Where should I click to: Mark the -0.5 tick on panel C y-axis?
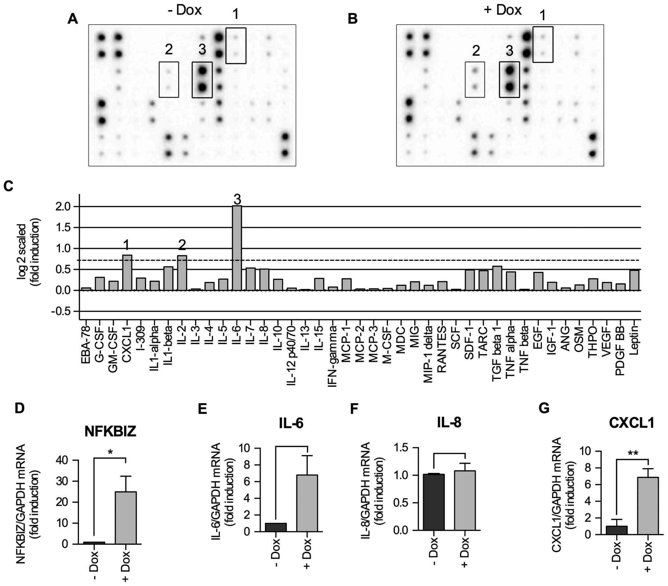point(61,311)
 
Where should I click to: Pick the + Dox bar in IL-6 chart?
point(307,503)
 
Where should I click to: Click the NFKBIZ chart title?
point(110,431)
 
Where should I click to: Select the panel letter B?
point(353,19)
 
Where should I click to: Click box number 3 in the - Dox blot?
point(202,80)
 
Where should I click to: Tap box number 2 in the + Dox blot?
point(475,80)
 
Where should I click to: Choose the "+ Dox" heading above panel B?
point(503,10)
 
